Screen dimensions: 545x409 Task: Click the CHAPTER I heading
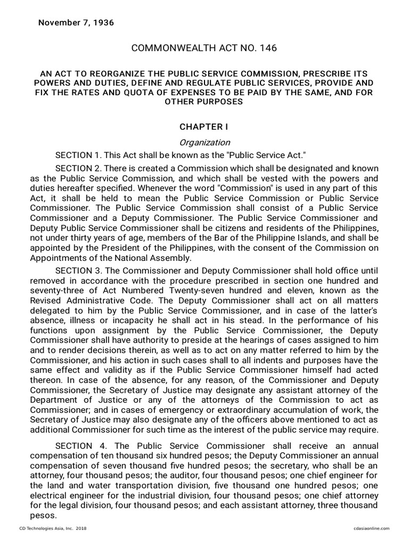tap(204, 127)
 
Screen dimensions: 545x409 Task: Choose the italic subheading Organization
tap(204, 142)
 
